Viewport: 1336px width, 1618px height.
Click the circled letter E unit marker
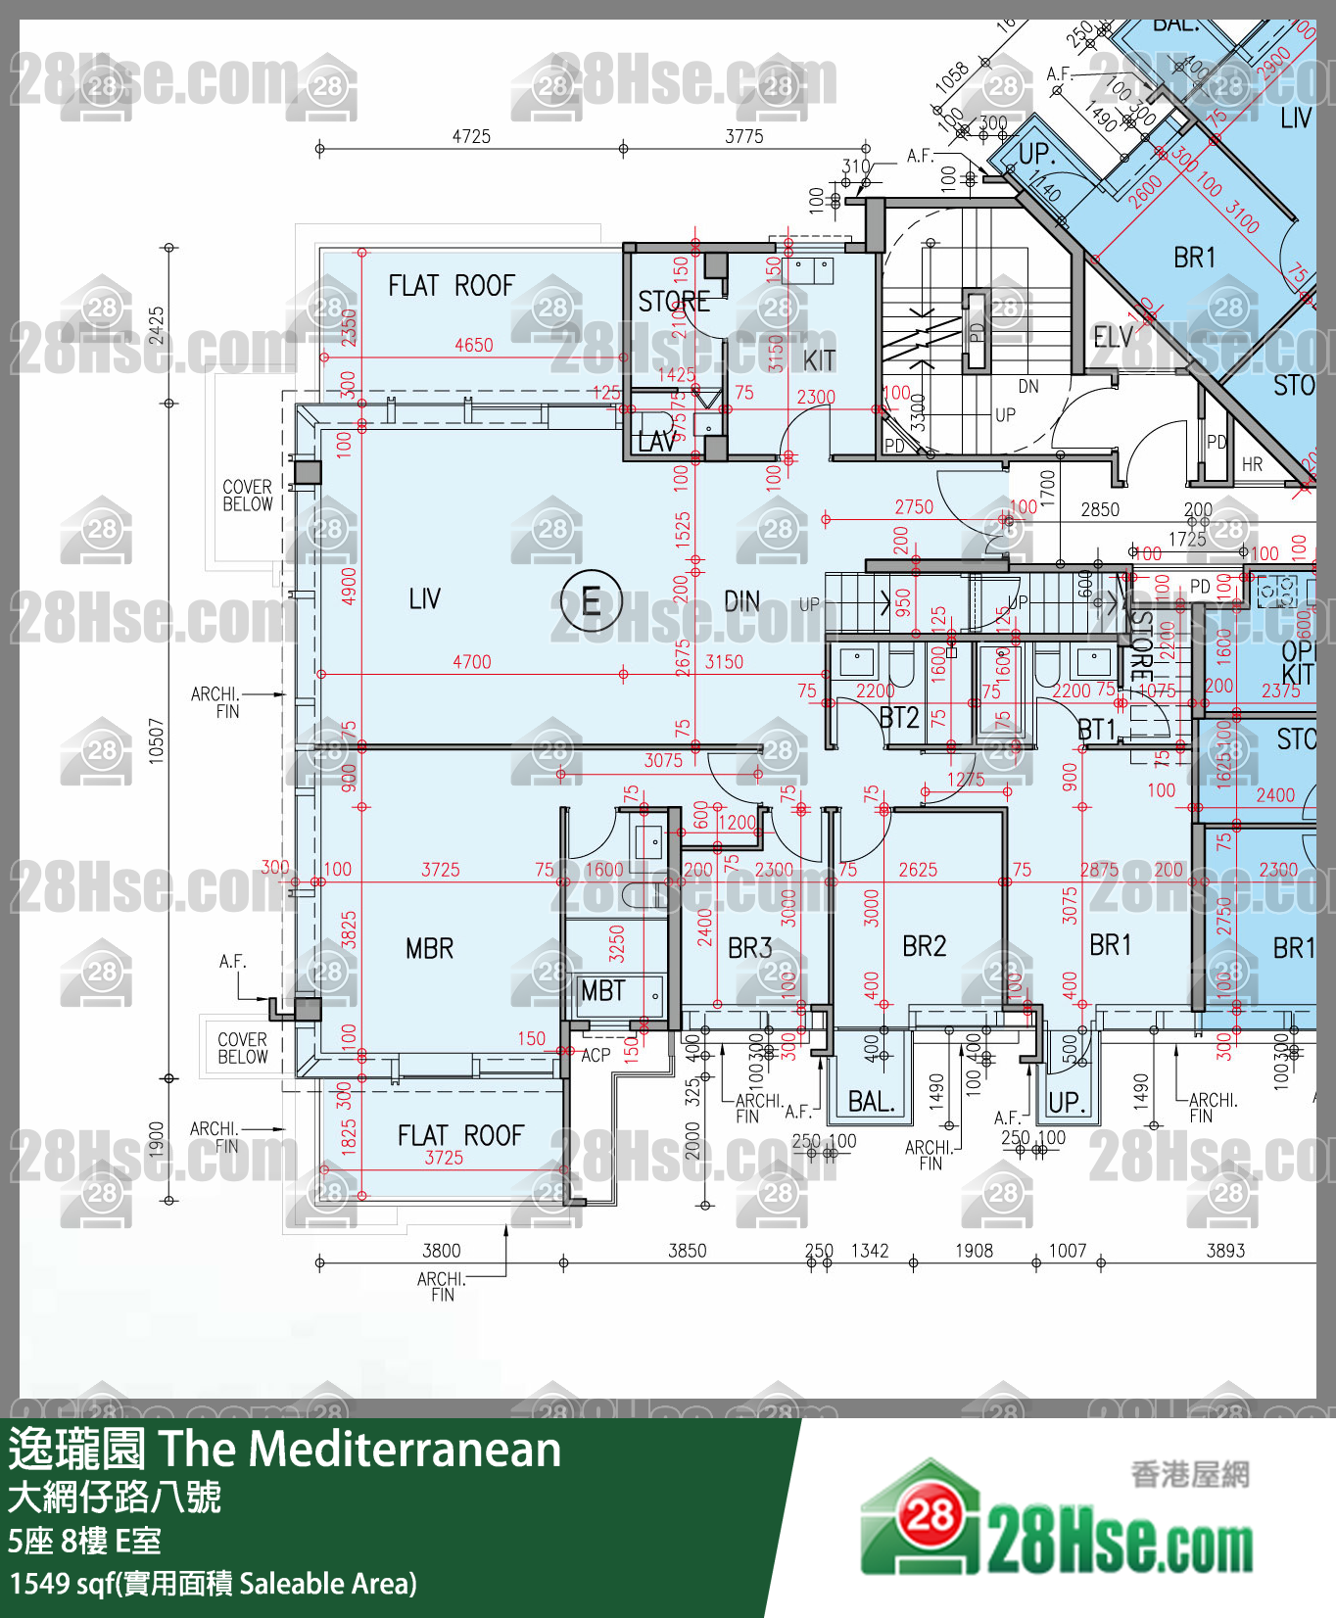point(592,599)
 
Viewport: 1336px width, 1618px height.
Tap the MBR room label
point(429,948)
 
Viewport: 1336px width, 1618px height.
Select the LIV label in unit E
point(424,598)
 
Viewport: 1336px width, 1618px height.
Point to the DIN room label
point(741,601)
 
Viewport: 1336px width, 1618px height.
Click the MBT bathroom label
point(602,991)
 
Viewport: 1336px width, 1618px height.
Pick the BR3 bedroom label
point(749,948)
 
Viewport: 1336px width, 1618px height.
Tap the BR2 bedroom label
point(924,946)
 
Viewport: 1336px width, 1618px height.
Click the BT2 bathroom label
point(898,719)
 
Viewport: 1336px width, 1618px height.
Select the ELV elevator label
point(1113,338)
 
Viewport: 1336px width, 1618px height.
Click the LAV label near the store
point(655,443)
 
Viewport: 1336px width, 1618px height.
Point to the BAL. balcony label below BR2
point(871,1102)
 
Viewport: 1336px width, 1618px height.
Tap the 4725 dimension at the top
point(471,136)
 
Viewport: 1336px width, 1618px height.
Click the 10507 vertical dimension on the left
point(157,740)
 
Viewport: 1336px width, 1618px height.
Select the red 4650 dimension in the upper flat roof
point(473,345)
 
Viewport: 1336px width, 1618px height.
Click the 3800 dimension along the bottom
point(441,1251)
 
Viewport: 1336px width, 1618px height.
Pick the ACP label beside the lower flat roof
point(596,1055)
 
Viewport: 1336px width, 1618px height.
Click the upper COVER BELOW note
point(247,496)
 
